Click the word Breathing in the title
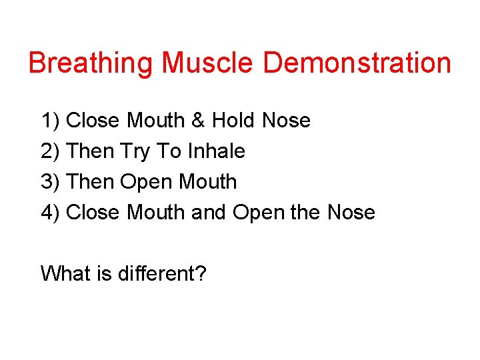coord(91,63)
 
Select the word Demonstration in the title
coord(357,63)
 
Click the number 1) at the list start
coord(51,121)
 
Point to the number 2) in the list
coord(51,151)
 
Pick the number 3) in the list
coord(51,181)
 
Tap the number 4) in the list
coord(51,212)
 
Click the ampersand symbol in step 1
coord(198,121)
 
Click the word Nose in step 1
coord(287,121)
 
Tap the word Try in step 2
coord(135,152)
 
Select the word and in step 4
coord(208,212)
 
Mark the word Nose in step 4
coord(351,212)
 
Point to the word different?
coord(163,273)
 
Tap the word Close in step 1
coord(94,121)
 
